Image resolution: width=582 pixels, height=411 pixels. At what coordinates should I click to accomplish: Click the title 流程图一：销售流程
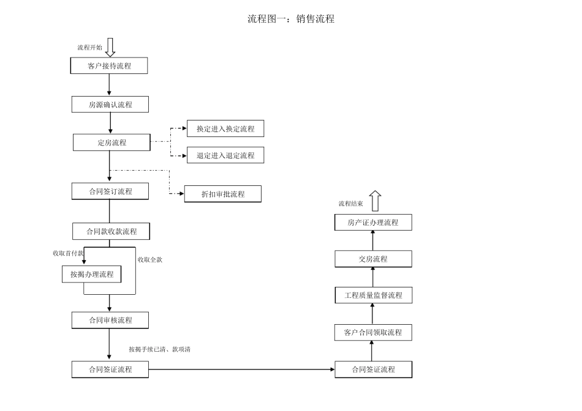[x=291, y=19]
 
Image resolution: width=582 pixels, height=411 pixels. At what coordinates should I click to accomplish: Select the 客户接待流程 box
[x=110, y=65]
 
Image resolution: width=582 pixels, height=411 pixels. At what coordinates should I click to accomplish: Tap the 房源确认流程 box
[x=110, y=105]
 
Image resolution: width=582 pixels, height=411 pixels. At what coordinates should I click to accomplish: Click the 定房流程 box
[x=111, y=143]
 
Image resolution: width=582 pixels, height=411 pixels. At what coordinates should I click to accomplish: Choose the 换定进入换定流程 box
[x=225, y=128]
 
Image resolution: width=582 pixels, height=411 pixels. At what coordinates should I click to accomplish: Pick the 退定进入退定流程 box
[x=225, y=155]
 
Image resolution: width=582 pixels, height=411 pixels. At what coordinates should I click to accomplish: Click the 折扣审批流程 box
[x=223, y=194]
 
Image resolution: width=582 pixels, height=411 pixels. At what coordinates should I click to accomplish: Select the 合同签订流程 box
[x=110, y=191]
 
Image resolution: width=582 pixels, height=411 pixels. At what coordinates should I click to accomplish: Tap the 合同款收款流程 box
[x=111, y=231]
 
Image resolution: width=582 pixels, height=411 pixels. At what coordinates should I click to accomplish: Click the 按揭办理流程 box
[x=91, y=274]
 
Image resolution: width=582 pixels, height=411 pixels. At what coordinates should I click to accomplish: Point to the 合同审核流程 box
[x=110, y=320]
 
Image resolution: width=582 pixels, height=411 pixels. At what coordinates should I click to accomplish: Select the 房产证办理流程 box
[x=373, y=223]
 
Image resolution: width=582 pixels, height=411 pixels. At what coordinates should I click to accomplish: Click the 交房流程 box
[x=373, y=259]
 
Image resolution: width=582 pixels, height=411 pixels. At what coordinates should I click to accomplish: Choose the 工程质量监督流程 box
[x=373, y=295]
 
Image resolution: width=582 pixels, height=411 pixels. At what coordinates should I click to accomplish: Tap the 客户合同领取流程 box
[x=373, y=332]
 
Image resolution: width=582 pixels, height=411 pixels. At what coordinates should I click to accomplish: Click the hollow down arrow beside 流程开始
[x=110, y=47]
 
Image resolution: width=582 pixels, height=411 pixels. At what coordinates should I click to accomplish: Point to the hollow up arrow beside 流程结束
[x=376, y=201]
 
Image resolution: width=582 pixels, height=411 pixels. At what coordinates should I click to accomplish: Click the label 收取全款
[x=150, y=259]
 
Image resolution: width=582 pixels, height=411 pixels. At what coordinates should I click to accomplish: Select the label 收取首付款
[x=67, y=253]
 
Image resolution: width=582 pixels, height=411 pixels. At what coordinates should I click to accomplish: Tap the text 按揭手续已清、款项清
[x=163, y=349]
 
